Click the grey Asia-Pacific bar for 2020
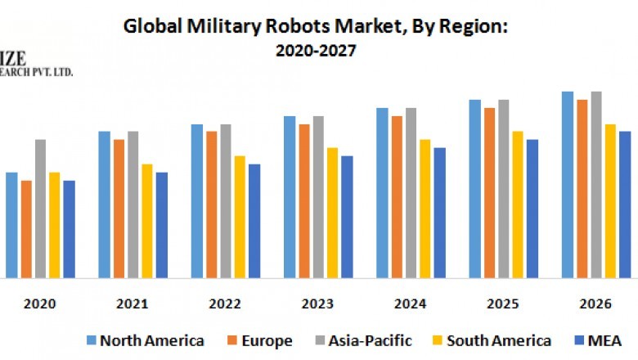(40, 209)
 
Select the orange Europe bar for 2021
(119, 209)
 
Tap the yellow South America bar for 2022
(240, 217)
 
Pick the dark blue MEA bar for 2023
(347, 217)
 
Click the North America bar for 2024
(382, 193)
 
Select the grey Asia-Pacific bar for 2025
(503, 189)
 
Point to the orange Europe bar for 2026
(582, 189)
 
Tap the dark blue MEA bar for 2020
(69, 229)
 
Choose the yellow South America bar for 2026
(610, 201)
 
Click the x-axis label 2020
(40, 304)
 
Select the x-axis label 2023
(318, 304)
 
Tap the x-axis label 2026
(595, 304)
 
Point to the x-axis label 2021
(133, 304)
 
